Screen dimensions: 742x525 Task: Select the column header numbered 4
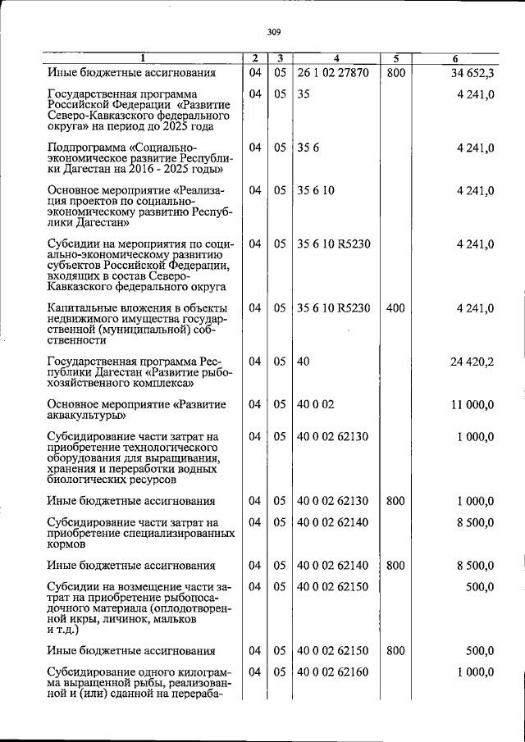(x=336, y=58)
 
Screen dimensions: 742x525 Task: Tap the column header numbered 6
(x=455, y=58)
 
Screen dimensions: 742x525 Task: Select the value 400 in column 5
(x=395, y=308)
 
